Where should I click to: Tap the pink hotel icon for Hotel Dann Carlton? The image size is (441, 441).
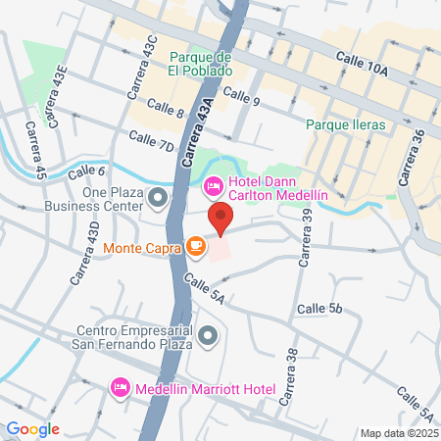coord(212,184)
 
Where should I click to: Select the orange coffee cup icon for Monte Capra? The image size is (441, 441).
coord(196,246)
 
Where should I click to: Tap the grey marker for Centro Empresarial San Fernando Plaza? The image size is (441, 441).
coord(208,338)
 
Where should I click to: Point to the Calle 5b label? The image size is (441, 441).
coord(321,307)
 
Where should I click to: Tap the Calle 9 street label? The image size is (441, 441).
coord(240,96)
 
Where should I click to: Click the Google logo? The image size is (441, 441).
coord(32,428)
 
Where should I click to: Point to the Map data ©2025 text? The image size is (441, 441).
coord(397,432)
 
